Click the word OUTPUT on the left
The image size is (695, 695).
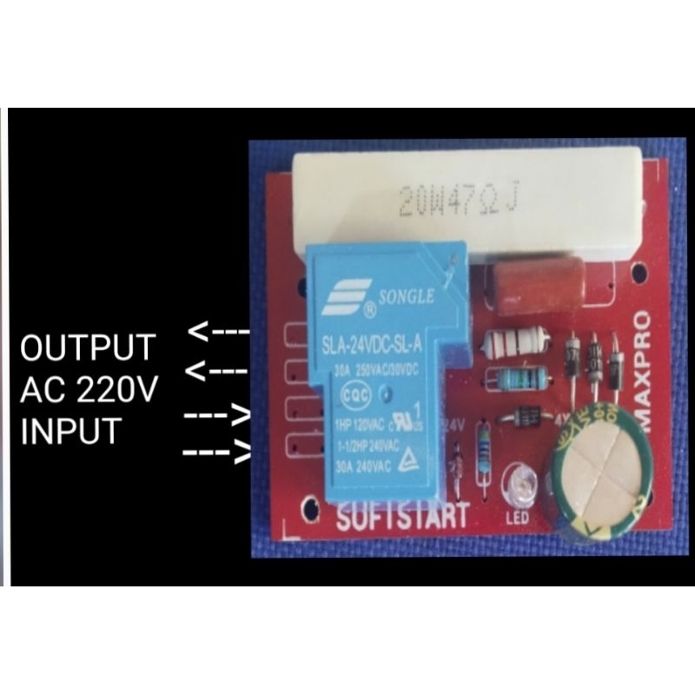click(x=88, y=347)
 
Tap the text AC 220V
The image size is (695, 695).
click(x=89, y=390)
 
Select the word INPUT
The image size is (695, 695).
click(x=69, y=431)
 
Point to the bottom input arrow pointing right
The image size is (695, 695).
click(x=217, y=453)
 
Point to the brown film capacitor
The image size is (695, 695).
click(x=529, y=284)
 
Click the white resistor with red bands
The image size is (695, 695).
click(x=516, y=342)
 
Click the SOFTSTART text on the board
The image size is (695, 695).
click(x=401, y=517)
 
